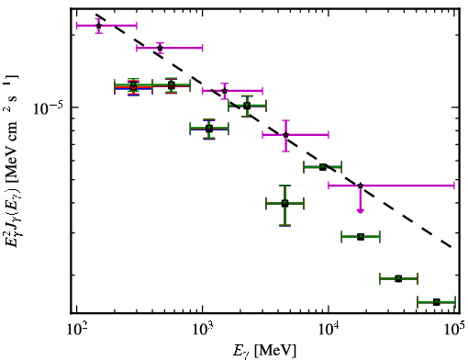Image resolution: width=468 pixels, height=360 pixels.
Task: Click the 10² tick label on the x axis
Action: pos(77,329)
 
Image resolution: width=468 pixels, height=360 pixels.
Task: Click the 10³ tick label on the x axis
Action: pos(203,329)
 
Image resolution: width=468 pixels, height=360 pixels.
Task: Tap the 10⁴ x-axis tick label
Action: pos(329,329)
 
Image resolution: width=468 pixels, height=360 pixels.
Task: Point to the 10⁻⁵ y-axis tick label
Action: pos(48,107)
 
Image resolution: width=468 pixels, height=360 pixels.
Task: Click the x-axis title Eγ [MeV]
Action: pos(264,350)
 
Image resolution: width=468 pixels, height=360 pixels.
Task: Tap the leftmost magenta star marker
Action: pos(98,26)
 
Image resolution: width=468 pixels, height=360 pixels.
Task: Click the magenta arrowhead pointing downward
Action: pos(361,210)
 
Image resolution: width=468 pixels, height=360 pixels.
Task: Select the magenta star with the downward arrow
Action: pos(361,186)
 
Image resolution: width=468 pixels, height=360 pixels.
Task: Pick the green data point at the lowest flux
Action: pos(437,302)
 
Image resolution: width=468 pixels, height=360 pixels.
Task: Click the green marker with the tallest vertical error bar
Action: pos(284,203)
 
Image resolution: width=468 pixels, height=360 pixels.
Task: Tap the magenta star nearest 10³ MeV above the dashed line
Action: pos(225,91)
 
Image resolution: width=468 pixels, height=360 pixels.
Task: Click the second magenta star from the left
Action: pos(160,48)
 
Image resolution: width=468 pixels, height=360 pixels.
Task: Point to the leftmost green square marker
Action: pos(133,86)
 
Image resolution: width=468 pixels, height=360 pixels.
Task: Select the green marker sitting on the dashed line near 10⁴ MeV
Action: pos(323,167)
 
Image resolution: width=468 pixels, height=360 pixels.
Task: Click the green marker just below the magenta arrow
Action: pos(361,237)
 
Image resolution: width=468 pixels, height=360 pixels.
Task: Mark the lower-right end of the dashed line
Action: pos(451,247)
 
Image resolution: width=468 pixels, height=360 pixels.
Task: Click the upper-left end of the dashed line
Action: pos(95,14)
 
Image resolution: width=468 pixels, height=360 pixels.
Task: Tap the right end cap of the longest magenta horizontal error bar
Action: pos(454,186)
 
